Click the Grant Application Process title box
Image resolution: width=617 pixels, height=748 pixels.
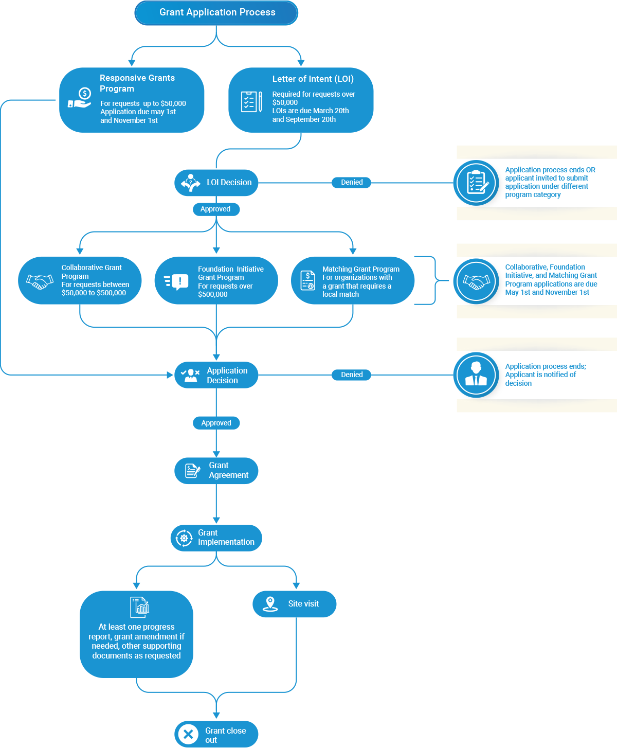click(x=216, y=12)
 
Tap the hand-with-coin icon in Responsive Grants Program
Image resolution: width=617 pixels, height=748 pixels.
click(x=80, y=98)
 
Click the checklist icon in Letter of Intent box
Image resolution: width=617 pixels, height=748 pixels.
click(x=251, y=102)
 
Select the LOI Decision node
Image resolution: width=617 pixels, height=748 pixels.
click(x=216, y=183)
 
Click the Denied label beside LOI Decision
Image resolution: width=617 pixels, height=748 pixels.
click(x=351, y=182)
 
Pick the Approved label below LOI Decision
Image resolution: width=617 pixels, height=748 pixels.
click(x=216, y=209)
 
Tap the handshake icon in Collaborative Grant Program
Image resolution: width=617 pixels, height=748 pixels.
click(x=40, y=281)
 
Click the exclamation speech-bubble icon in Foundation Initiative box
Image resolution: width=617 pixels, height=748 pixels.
click(x=176, y=282)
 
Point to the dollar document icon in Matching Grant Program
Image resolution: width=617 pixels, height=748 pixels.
click(x=307, y=280)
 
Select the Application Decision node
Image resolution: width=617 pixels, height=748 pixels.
click(x=216, y=375)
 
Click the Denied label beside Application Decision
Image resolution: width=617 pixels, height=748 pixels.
click(x=351, y=375)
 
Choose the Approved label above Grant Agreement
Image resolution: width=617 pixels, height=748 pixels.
click(x=216, y=423)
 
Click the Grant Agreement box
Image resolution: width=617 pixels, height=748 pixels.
click(x=216, y=471)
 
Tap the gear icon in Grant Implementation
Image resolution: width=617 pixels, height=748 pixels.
click(x=184, y=538)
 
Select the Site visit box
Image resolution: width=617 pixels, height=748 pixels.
click(x=294, y=604)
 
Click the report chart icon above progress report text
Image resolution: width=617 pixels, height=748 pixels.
click(x=140, y=607)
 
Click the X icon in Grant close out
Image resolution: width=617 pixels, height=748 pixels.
click(x=188, y=735)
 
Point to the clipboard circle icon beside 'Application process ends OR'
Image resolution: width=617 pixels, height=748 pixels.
click(x=476, y=183)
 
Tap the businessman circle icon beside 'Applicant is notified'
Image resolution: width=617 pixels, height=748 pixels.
click(x=476, y=375)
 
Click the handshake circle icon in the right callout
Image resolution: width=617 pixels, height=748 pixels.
click(x=476, y=281)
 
